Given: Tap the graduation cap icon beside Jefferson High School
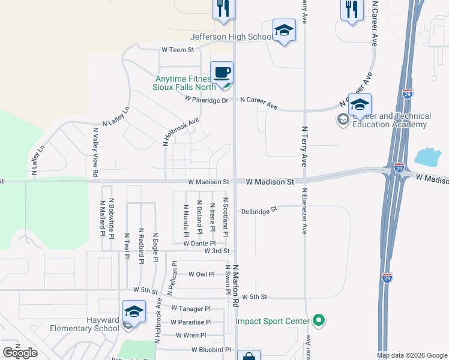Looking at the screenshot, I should [284, 30].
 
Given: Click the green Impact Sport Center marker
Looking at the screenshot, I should [319, 321].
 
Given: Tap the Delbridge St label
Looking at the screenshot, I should [260, 211].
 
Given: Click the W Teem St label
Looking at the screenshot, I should [178, 50].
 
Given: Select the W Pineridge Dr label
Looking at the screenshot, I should [207, 100].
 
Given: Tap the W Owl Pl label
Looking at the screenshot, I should [201, 274].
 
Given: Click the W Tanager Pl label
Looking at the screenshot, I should [191, 308].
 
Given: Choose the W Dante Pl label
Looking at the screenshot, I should [199, 244].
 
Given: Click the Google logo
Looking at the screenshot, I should [20, 352].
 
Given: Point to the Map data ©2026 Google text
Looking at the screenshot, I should [412, 355].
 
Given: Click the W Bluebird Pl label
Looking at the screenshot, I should [211, 349].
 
